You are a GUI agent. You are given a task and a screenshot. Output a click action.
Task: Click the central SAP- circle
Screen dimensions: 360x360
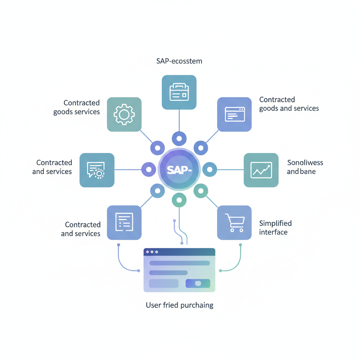coord(179,169)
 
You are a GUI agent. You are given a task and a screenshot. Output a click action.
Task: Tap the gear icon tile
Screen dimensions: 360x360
coord(124,114)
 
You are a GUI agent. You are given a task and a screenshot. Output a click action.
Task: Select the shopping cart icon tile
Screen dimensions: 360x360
coord(234,223)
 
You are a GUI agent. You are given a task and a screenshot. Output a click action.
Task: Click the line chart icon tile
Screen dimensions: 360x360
coord(261,170)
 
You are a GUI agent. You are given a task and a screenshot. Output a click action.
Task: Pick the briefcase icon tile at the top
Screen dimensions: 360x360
coord(179,92)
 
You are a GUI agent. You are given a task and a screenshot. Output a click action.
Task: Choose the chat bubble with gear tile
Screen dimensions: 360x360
coord(97,170)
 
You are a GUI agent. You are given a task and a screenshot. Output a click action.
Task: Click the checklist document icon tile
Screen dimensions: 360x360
coord(124,223)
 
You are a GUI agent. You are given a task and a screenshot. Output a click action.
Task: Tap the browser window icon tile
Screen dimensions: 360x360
coord(234,114)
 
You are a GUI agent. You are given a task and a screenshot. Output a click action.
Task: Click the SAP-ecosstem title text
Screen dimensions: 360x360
coord(179,61)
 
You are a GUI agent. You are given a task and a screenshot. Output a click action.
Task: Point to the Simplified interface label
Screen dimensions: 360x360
coord(276,227)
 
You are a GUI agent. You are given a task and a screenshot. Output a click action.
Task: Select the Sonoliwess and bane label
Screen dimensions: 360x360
coord(305,167)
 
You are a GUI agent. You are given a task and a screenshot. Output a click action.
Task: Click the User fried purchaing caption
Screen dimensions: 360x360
coord(180,305)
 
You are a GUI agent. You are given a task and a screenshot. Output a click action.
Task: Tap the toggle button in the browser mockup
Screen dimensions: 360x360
coord(198,283)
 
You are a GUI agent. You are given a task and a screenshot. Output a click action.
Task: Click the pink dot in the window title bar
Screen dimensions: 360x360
coord(147,252)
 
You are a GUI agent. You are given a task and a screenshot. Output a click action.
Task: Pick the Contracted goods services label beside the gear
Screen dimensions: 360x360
coord(76,107)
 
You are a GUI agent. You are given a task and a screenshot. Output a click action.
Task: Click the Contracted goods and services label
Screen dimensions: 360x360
coord(289,104)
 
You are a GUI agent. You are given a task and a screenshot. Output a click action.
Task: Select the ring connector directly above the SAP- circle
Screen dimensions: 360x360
coord(179,139)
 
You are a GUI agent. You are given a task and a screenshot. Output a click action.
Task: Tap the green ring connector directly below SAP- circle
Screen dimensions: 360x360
coord(179,200)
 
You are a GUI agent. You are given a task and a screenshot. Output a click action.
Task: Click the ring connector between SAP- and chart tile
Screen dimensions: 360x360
coord(210,169)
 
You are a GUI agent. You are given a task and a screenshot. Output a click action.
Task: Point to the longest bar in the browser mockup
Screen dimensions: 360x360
coord(180,263)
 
